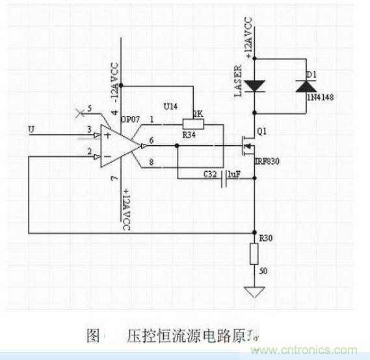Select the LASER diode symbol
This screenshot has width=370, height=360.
258,85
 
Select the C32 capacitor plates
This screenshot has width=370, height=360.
225,176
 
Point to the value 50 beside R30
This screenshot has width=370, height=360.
263,270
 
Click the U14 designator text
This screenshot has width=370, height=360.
167,104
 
